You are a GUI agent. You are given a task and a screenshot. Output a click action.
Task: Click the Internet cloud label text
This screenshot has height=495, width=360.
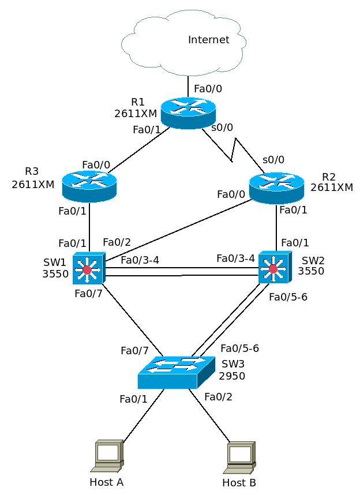tap(208, 40)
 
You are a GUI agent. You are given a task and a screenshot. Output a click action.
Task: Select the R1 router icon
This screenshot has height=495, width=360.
tap(188, 112)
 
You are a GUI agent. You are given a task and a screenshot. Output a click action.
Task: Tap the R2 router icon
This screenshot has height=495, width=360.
tap(276, 187)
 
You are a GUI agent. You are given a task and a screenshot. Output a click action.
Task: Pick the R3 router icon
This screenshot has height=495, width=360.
tap(89, 186)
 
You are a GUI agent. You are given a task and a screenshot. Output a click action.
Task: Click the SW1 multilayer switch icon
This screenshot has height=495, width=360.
tap(88, 268)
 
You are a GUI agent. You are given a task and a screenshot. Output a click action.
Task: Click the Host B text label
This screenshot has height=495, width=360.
tap(239, 482)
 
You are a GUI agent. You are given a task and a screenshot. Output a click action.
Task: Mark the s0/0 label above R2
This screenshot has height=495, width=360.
tap(273, 159)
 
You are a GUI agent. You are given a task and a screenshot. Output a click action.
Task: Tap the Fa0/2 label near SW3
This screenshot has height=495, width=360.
tap(218, 396)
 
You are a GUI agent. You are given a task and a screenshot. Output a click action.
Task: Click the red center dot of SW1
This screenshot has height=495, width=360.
tap(87, 269)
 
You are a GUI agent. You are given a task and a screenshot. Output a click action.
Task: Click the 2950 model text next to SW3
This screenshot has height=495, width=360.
tap(232, 376)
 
